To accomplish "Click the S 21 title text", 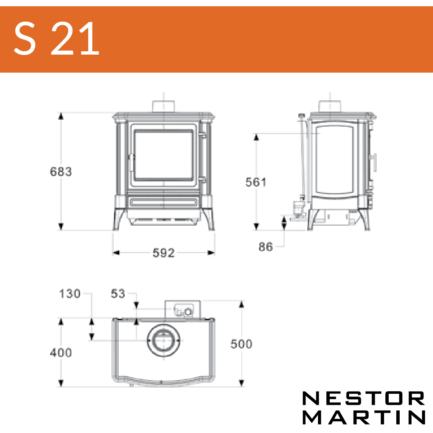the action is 57,38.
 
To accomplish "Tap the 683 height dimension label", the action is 61,171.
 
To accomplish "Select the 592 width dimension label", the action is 164,253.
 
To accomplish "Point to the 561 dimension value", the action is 256,182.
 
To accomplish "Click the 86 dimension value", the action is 266,247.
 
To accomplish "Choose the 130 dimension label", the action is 70,293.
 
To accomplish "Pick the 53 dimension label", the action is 118,293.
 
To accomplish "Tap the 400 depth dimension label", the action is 61,353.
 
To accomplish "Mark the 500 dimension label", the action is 241,344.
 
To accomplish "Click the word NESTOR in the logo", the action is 363,398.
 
